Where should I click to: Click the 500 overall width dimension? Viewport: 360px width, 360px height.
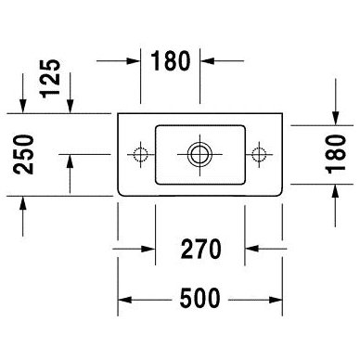[x=200, y=299]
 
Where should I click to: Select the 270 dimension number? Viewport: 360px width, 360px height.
[x=201, y=249]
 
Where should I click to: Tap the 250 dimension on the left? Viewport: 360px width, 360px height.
[x=23, y=154]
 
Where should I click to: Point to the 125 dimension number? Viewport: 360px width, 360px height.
[x=51, y=79]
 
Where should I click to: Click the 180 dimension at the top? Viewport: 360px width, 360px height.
[x=170, y=60]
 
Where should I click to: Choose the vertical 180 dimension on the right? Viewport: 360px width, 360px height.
[x=336, y=154]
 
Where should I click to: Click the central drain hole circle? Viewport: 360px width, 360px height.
[x=199, y=154]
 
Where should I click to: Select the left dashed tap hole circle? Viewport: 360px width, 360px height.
[x=141, y=154]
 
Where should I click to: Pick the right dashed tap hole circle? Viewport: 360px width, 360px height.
[x=259, y=154]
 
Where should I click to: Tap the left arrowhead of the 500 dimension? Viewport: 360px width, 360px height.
[x=125, y=300]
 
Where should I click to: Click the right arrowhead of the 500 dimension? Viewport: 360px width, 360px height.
[x=276, y=300]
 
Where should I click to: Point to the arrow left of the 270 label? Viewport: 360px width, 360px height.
[x=134, y=249]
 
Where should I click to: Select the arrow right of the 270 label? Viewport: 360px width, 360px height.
[x=266, y=249]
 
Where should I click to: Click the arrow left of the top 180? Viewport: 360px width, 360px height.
[x=119, y=61]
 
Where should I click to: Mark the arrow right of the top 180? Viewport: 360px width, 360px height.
[x=222, y=61]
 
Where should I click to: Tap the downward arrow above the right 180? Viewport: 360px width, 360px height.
[x=336, y=102]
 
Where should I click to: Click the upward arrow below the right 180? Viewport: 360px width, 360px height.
[x=336, y=205]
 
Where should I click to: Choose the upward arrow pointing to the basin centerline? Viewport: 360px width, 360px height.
[x=70, y=174]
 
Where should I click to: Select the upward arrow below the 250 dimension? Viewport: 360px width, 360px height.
[x=22, y=216]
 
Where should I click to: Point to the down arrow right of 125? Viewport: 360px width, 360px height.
[x=70, y=93]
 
